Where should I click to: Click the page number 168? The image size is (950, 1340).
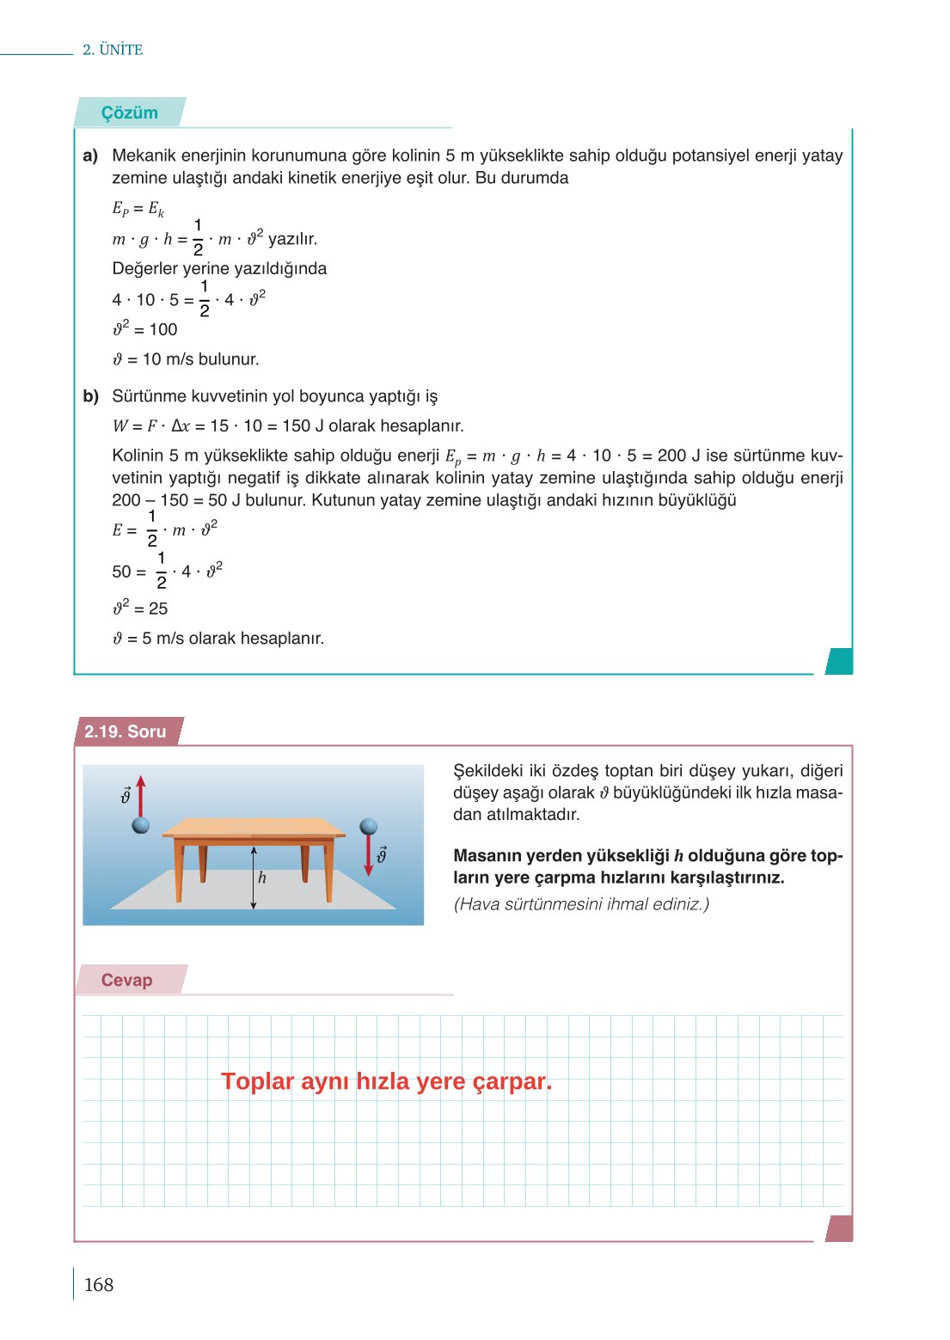coord(99,1284)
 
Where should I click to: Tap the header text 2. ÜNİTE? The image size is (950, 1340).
coord(113,50)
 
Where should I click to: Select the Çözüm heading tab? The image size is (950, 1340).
coord(129,113)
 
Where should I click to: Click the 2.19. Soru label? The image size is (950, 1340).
coord(126,731)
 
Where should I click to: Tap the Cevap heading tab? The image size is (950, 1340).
coord(127,980)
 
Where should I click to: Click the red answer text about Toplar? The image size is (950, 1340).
coord(386,1081)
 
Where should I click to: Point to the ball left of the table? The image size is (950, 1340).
coord(141,825)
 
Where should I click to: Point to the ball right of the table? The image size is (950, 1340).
coord(369,826)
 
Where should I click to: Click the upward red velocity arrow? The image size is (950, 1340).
coord(141,795)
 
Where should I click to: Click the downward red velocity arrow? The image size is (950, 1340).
coord(369,856)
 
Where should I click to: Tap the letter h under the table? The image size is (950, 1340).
coord(262,878)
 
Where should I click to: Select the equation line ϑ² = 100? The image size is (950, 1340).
coord(145,329)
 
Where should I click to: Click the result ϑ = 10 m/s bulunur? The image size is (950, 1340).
coord(186,359)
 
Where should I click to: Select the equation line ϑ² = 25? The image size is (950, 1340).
coord(141,609)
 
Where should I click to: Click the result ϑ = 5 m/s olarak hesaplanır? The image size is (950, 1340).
coord(218,639)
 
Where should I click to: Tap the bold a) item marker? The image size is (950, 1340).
coord(90,156)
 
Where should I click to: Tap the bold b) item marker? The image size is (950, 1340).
coord(91,396)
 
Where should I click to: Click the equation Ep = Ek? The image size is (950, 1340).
coord(138,208)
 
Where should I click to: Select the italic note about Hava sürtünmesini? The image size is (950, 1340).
coord(581,904)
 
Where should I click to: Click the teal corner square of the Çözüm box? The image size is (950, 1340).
coord(839,661)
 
